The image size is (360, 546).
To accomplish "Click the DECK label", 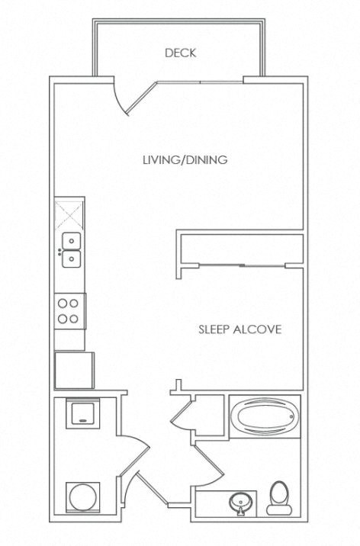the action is (x=180, y=53).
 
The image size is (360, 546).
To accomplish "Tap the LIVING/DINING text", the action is (x=185, y=160).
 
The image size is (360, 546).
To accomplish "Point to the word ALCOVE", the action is (x=257, y=329).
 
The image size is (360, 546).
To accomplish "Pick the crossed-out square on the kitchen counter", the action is (x=69, y=214).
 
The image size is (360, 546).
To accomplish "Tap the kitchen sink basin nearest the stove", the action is (x=72, y=259).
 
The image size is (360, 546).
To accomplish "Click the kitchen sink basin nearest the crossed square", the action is (x=72, y=241).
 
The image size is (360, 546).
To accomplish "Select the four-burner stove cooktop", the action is (x=70, y=311).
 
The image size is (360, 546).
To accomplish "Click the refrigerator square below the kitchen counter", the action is (x=74, y=371).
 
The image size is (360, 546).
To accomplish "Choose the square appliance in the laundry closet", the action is (x=83, y=413).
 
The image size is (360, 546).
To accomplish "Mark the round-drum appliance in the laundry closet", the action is (x=83, y=497).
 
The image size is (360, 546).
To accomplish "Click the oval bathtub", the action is (x=264, y=416).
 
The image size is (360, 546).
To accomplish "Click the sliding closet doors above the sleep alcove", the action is (x=242, y=265).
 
